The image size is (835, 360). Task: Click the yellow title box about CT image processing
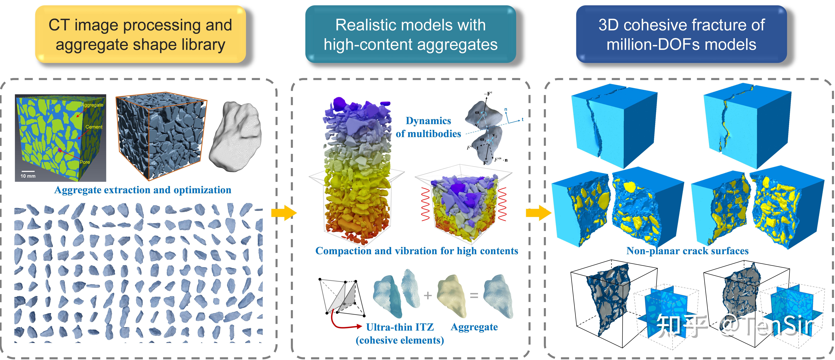[140, 34]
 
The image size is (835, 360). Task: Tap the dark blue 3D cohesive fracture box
[681, 34]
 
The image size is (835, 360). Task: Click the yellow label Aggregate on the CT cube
[92, 105]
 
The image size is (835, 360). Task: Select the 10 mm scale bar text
[28, 176]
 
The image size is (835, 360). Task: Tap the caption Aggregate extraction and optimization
[143, 190]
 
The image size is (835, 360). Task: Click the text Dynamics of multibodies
[428, 127]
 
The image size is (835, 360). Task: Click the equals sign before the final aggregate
[474, 296]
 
